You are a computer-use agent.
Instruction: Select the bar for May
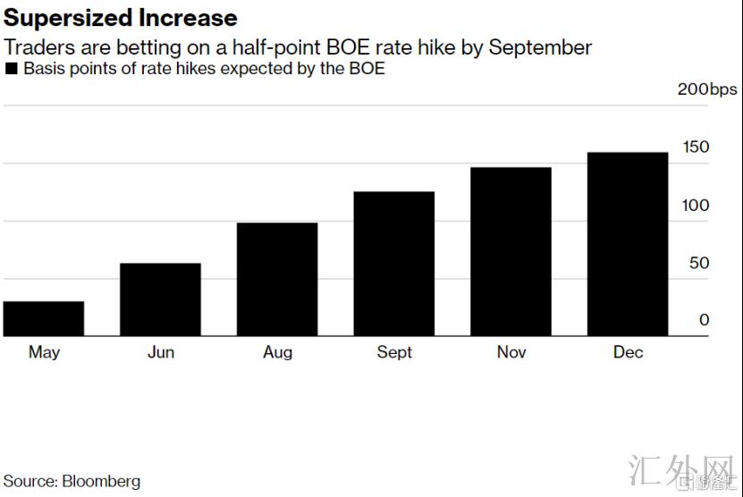[x=44, y=319]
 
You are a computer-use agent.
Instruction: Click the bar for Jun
[x=160, y=299]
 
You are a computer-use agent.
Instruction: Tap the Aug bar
[x=277, y=279]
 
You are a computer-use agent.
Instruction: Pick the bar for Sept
[x=394, y=264]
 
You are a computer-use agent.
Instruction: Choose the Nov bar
[x=511, y=251]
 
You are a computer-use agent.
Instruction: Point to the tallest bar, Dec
[x=628, y=244]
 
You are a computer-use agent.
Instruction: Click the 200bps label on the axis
[x=706, y=88]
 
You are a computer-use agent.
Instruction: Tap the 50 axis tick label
[x=698, y=263]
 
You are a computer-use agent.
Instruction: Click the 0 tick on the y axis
[x=705, y=320]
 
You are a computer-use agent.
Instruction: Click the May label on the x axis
[x=44, y=352]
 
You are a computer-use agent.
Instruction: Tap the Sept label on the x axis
[x=394, y=352]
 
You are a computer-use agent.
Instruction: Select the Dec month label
[x=628, y=352]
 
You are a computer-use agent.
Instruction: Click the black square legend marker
[x=12, y=69]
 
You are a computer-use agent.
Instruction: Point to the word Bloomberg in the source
[x=101, y=481]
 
